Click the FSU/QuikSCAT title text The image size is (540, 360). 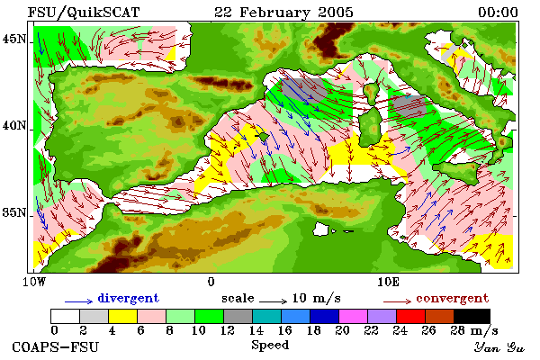coord(84,13)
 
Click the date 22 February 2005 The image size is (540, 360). coord(283,13)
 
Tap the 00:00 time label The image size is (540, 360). coord(498,13)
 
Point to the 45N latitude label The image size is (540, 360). coord(13,40)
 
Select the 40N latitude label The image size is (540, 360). coord(13,125)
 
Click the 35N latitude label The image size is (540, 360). coord(13,212)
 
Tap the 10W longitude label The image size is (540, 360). coord(34,282)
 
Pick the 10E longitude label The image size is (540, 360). coord(388,282)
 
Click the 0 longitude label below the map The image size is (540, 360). coord(211,282)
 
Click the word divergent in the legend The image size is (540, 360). coord(128,298)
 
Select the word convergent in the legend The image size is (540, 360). coord(452,298)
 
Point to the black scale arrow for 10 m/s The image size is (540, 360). coord(273,301)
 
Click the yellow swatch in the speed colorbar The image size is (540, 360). coord(122,316)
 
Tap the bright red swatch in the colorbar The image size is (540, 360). coord(410,316)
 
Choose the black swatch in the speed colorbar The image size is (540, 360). coord(472,316)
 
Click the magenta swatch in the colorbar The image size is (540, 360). coord(353,316)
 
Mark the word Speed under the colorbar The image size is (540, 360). coord(270,346)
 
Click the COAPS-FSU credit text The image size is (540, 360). coord(55,346)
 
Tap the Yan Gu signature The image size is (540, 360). coord(499,347)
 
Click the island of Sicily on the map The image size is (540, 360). coord(457,172)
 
